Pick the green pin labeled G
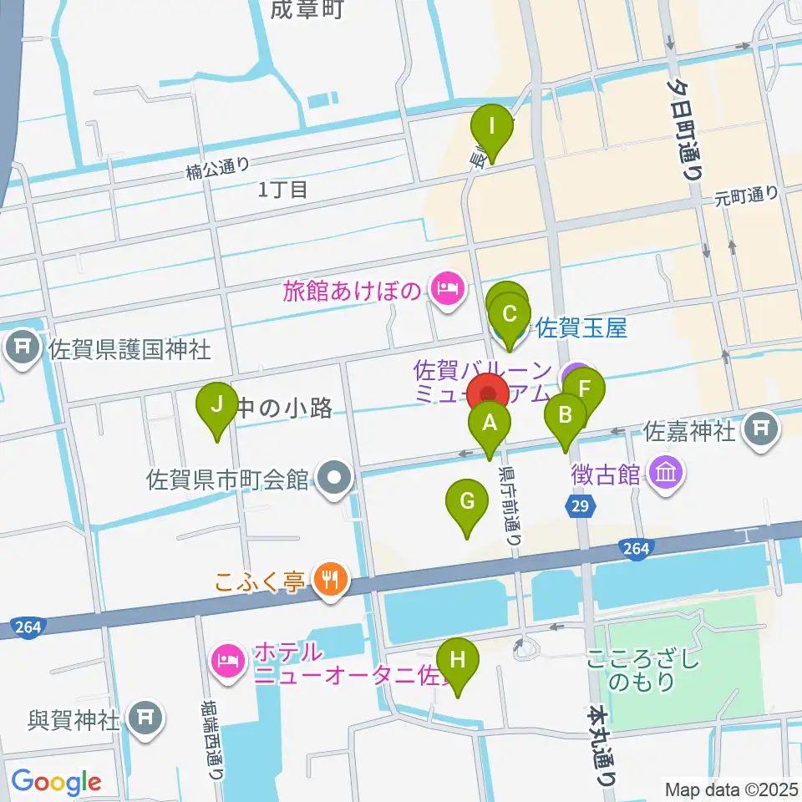coord(467,505)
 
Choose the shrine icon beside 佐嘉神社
coord(759,430)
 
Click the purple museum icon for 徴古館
coord(668,474)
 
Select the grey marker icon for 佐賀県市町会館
coord(336,480)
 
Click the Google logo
coord(56,782)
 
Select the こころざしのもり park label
coord(642,670)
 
